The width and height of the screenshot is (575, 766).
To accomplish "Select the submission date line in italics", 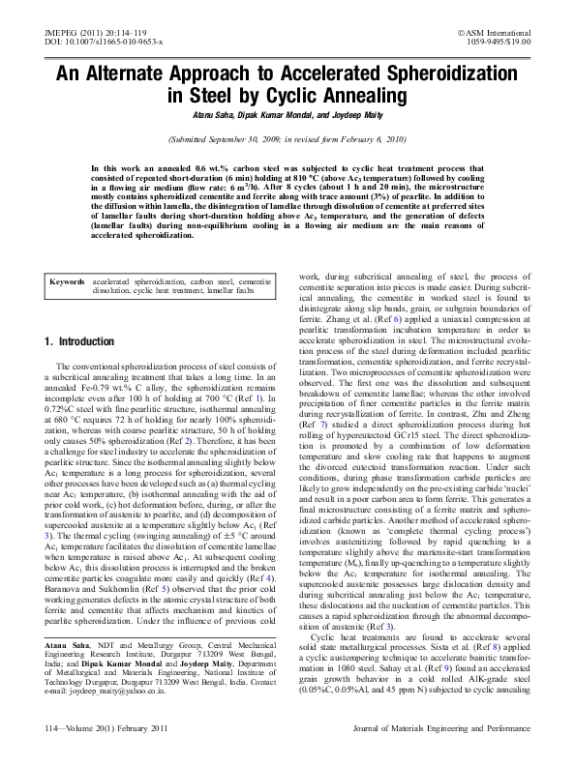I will click(287, 139).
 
